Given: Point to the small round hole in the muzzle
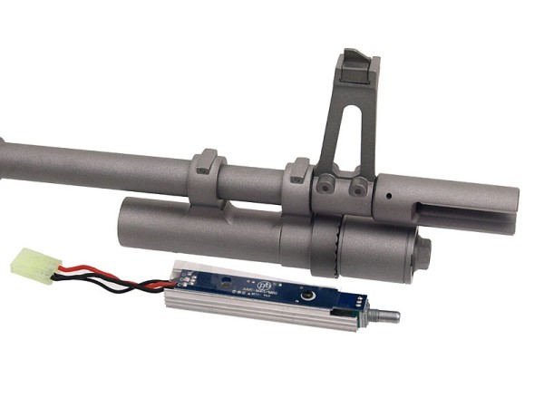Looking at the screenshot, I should [388, 194].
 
